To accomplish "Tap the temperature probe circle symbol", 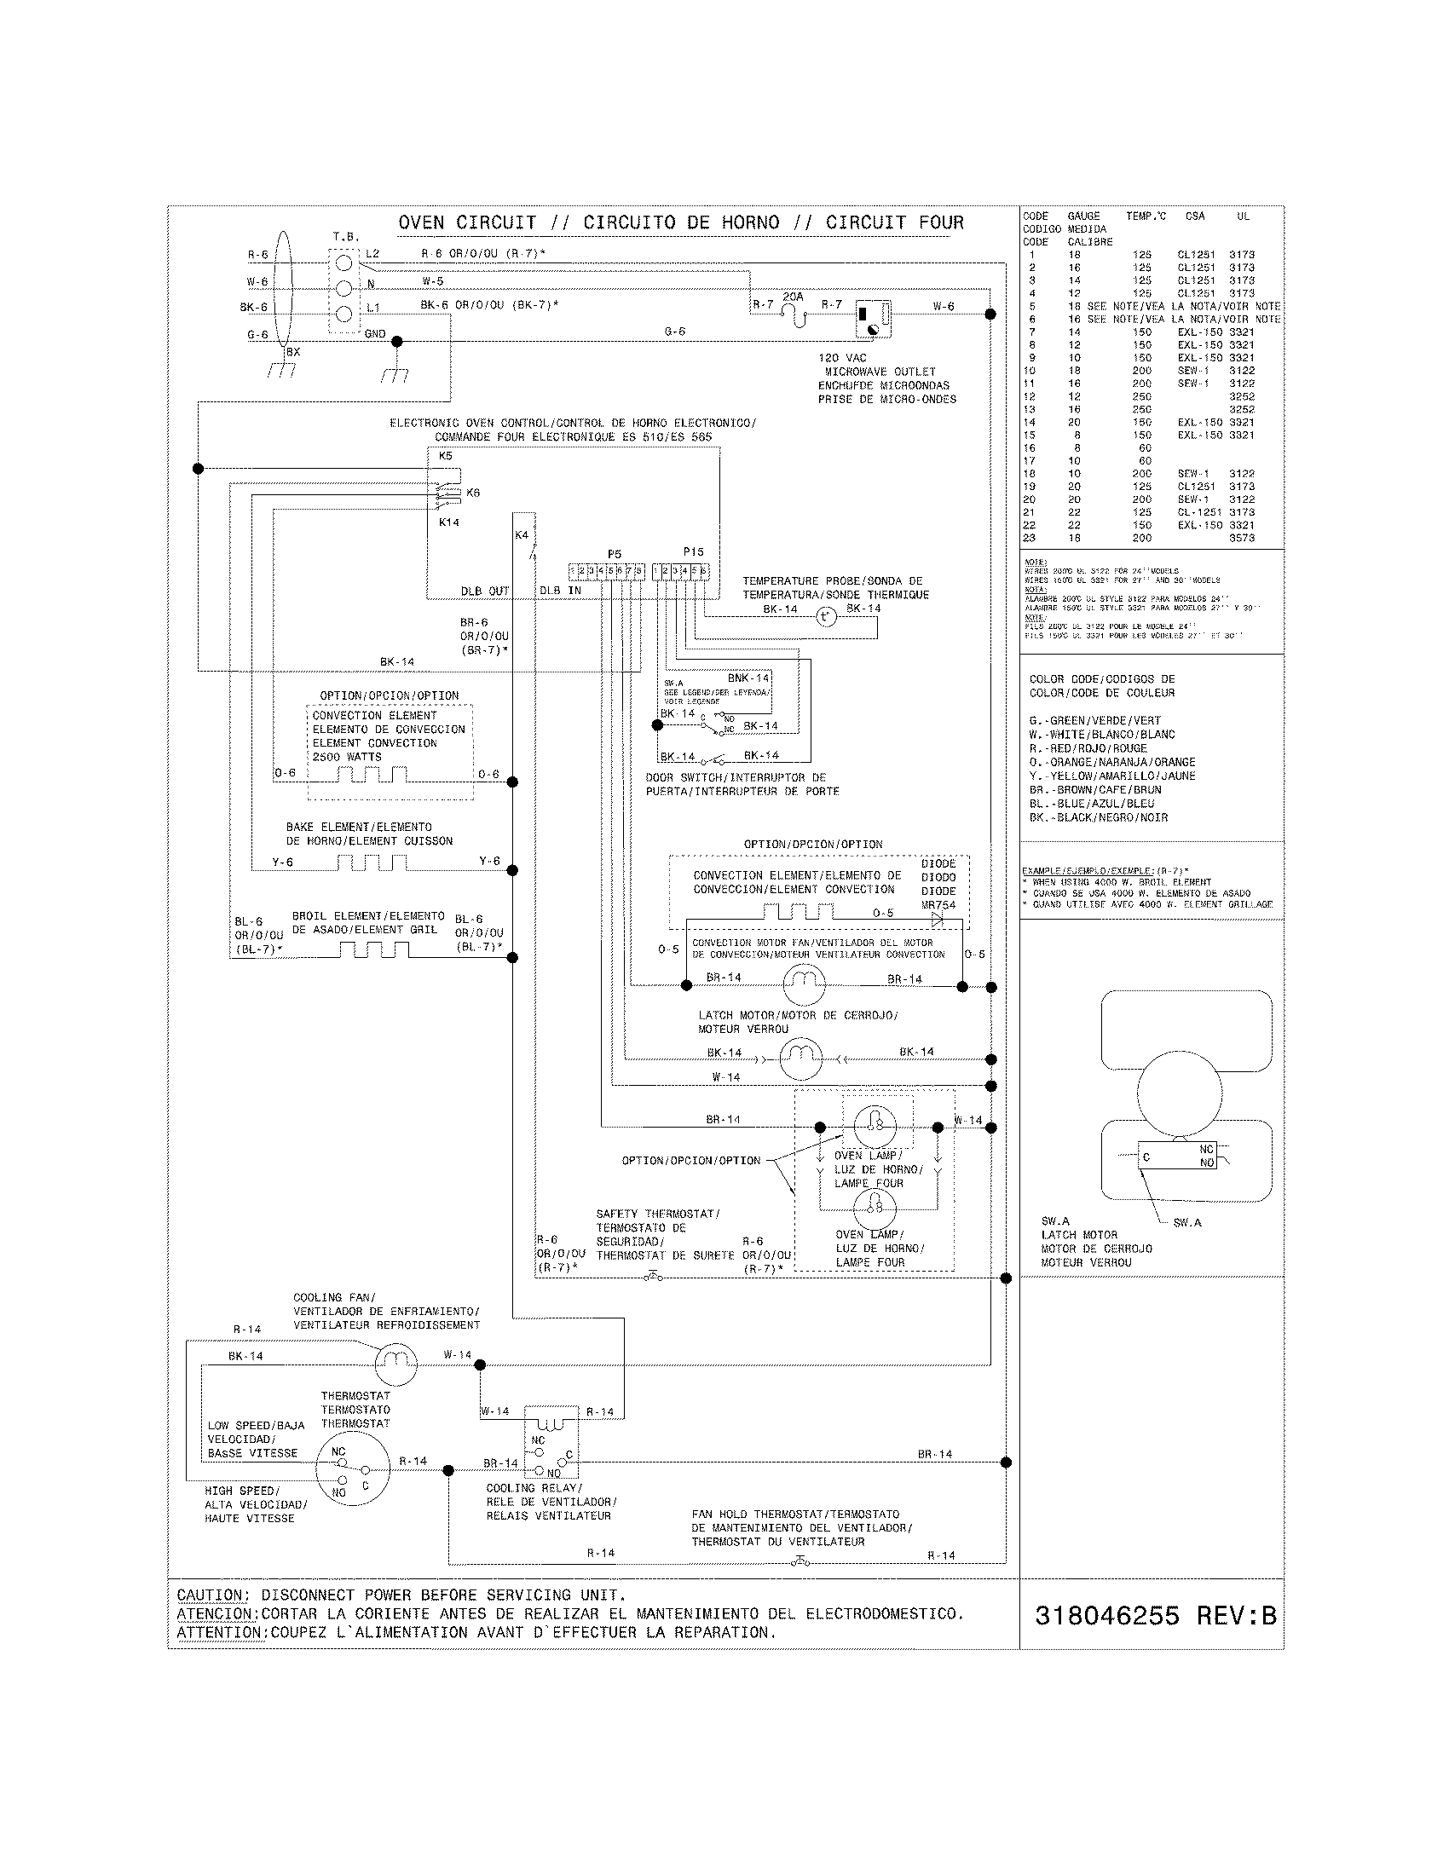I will [825, 615].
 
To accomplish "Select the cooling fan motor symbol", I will [395, 1364].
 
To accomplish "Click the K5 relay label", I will [446, 456].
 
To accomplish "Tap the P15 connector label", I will [693, 552].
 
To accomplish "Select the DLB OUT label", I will [485, 591].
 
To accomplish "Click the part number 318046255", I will [1106, 1616].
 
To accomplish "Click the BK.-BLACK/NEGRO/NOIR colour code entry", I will [1098, 817].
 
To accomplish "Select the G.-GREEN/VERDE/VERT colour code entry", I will [1094, 720].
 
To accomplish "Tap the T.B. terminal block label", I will [346, 236].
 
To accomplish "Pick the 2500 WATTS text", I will [347, 756].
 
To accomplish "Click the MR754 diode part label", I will [938, 905].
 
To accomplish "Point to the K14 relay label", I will [449, 521].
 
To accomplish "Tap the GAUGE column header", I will [1083, 216].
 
